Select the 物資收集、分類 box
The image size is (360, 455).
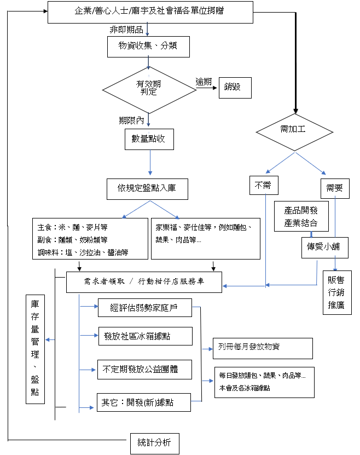point(148,47)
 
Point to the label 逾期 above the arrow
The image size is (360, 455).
point(204,82)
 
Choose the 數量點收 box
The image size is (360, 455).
point(148,139)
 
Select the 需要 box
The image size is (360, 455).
point(334,188)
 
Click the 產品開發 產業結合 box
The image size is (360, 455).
point(300,215)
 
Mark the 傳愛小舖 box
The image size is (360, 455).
point(324,247)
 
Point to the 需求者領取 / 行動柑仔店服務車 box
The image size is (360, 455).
point(144,283)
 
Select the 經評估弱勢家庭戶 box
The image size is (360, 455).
point(145,308)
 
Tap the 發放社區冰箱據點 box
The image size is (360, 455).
point(145,336)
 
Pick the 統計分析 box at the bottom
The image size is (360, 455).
point(155,443)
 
